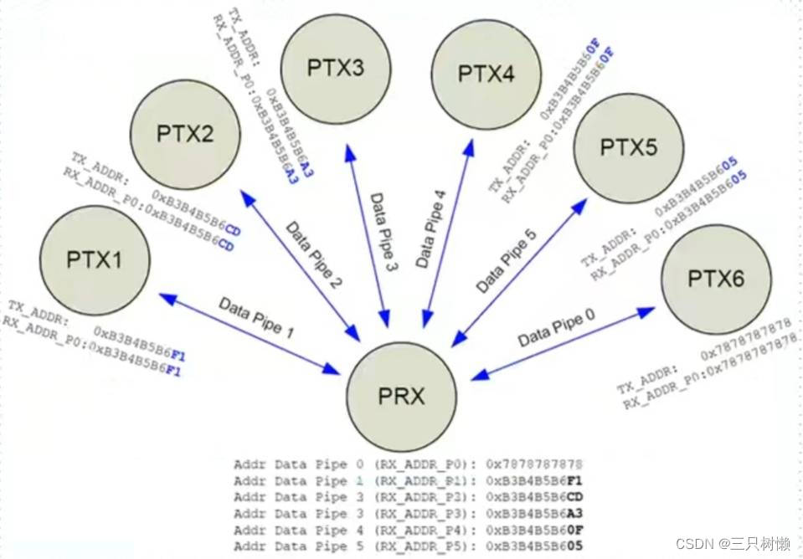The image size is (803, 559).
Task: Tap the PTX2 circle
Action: tap(185, 134)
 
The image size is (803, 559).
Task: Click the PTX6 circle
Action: tap(716, 278)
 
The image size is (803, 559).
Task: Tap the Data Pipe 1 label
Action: tap(256, 317)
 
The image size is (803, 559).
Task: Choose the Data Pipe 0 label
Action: tap(556, 329)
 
